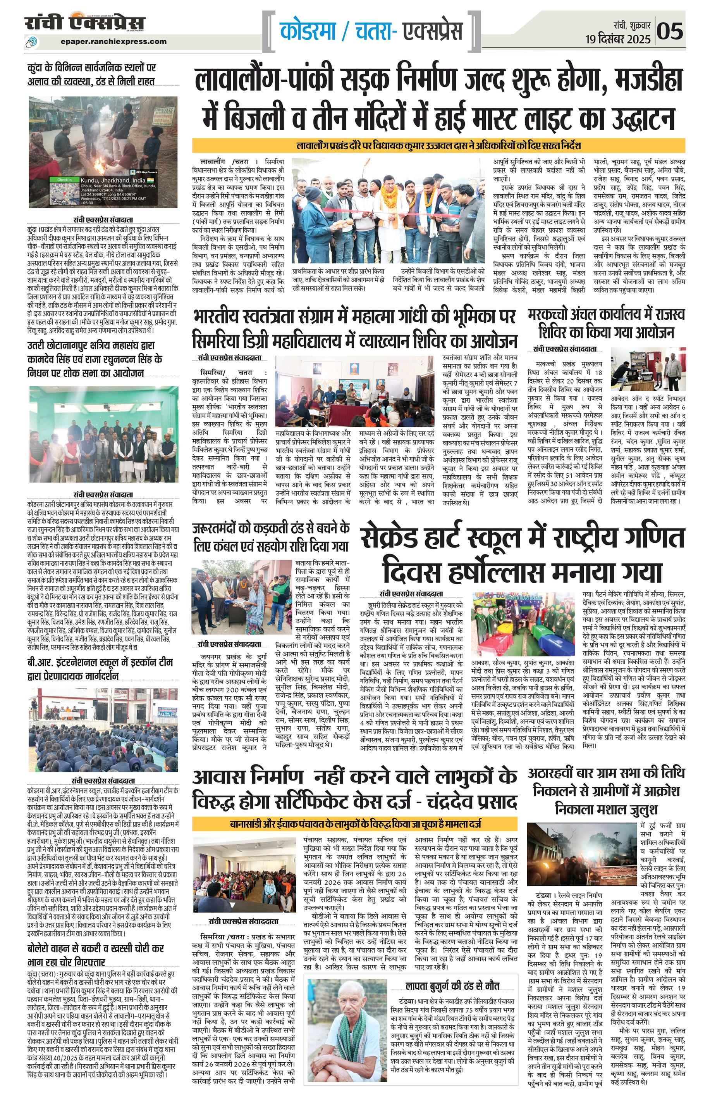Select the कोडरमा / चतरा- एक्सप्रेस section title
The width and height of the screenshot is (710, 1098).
(371, 32)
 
